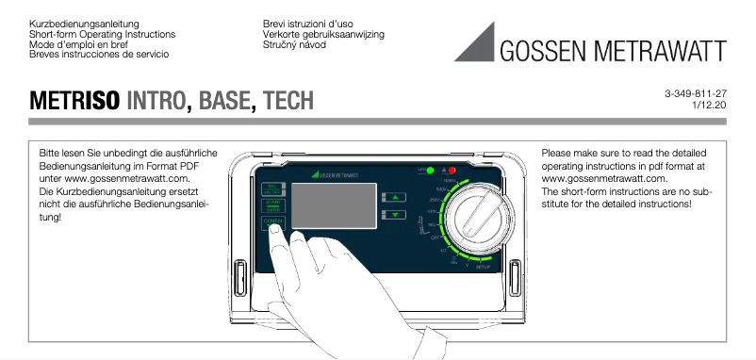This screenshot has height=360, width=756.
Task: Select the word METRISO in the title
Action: tap(74, 100)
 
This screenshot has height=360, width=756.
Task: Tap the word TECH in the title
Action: tap(288, 100)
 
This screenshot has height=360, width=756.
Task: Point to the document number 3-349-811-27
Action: tap(695, 93)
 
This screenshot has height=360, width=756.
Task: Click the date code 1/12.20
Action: tap(708, 106)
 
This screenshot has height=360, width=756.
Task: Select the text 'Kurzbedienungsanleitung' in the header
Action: tap(86, 22)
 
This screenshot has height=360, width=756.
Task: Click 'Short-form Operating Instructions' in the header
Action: tap(103, 33)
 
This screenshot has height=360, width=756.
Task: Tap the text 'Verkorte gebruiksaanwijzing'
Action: tap(324, 33)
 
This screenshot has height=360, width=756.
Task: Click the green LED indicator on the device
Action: tap(430, 171)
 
